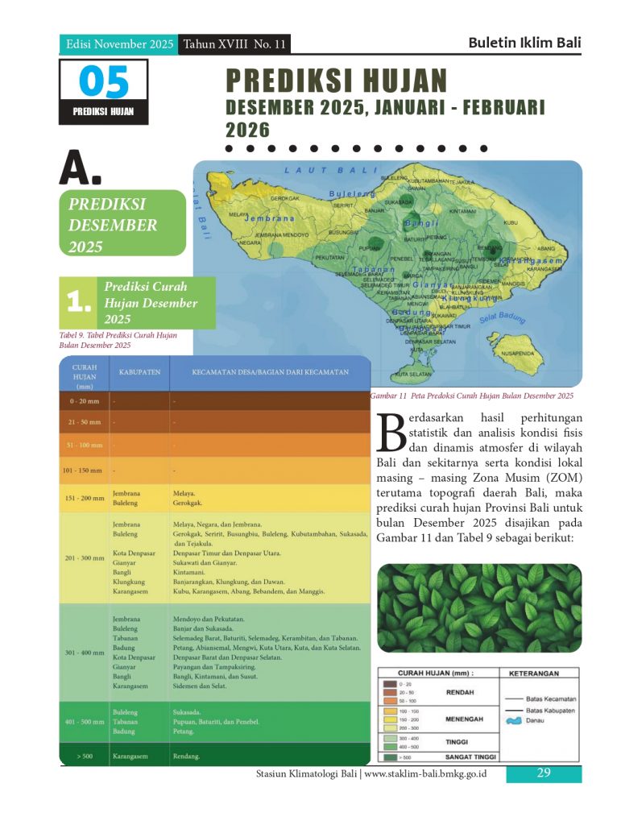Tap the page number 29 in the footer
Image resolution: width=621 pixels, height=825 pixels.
pos(543,773)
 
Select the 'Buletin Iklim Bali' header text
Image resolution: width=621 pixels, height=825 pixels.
pos(524,43)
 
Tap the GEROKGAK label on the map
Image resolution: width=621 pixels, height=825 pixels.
pos(285,198)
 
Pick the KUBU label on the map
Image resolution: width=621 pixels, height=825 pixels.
pos(511,222)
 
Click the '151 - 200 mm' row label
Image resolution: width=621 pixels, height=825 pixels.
pos(84,498)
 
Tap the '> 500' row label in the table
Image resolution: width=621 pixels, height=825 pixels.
pos(85,757)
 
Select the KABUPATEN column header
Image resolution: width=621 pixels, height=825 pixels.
pos(139,372)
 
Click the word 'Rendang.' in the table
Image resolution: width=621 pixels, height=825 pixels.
pos(186,757)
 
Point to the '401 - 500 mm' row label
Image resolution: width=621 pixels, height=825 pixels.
pos(84,722)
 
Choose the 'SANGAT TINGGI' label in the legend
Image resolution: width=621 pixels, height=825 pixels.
pos(469,757)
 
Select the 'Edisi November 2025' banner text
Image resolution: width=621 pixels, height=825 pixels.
pos(119,44)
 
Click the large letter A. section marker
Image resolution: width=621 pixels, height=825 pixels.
pos(81,167)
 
